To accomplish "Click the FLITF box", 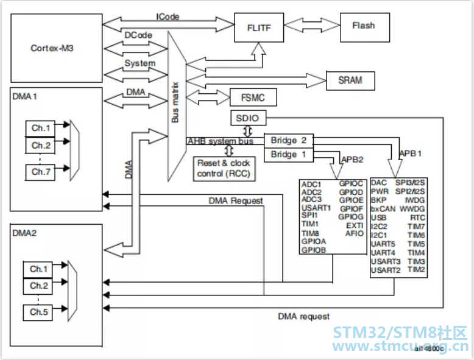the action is point(259,27).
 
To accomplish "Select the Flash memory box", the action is point(365,27).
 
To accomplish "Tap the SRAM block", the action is point(351,80).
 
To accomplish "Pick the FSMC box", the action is point(253,97).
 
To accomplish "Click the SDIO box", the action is point(249,118).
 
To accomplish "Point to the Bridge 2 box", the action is point(289,141).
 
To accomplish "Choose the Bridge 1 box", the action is point(289,155).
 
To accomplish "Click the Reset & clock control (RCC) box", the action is point(224,169).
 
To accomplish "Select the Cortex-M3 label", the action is point(52,48).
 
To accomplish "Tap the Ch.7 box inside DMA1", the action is point(40,172).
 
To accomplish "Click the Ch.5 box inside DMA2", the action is point(38,312).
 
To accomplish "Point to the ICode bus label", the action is point(168,16).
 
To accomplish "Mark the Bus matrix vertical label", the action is point(175,102).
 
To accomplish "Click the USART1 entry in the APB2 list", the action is point(316,208).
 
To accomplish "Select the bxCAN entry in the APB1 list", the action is point(383,209).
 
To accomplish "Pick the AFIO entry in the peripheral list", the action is point(355,234).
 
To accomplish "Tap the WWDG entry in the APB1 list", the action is point(412,209).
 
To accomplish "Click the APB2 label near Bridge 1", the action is point(352,160).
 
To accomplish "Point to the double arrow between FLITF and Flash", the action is point(312,25).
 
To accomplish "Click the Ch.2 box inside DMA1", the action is point(40,146).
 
